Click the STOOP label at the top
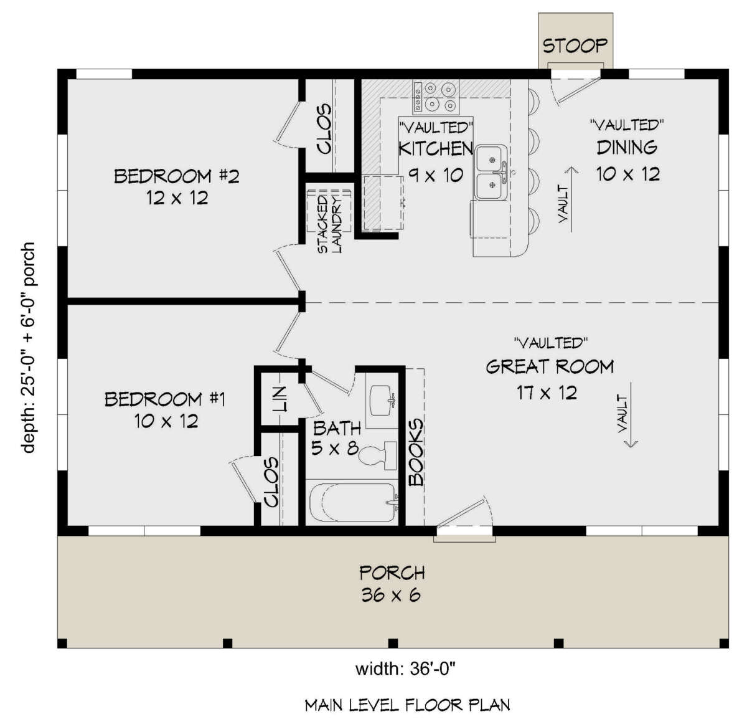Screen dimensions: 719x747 coord(575,45)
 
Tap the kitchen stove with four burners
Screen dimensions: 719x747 coord(436,97)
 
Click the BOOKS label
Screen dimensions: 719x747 coord(416,452)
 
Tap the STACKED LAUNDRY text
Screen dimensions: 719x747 coord(330,223)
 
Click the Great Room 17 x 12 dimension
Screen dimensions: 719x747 coord(547,393)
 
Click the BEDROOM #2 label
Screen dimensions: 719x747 coord(176,176)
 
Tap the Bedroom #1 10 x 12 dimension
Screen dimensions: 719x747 coord(166,421)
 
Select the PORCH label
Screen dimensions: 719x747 coord(392,572)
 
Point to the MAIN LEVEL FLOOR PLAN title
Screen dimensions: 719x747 coord(407,705)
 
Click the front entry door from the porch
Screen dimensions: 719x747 coord(464,515)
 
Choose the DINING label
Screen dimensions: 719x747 coord(627,148)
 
